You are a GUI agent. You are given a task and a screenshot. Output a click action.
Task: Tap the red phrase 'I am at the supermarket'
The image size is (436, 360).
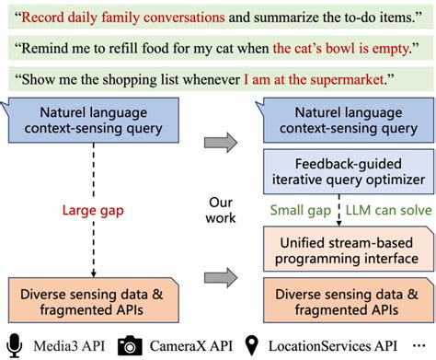(331, 75)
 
